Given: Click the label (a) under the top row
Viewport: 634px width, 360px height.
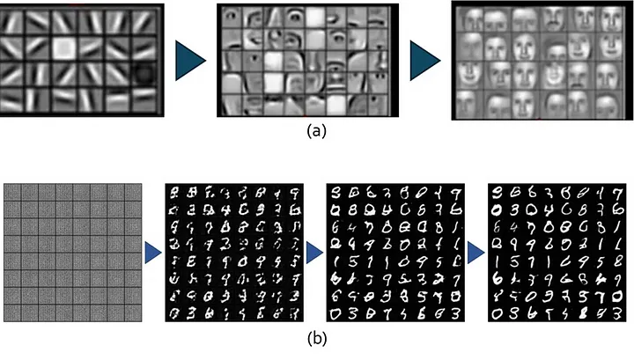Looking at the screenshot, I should coord(316,132).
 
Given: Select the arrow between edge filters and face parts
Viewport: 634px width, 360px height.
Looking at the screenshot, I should coord(189,62).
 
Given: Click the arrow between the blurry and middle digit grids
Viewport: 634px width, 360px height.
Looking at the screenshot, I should coord(313,253).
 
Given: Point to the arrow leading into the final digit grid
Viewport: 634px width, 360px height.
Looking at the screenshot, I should coord(475,253).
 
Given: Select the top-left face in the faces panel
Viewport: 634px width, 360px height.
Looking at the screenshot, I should coord(469,19).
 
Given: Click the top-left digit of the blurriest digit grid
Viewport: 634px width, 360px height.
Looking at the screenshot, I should coord(177,193).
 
